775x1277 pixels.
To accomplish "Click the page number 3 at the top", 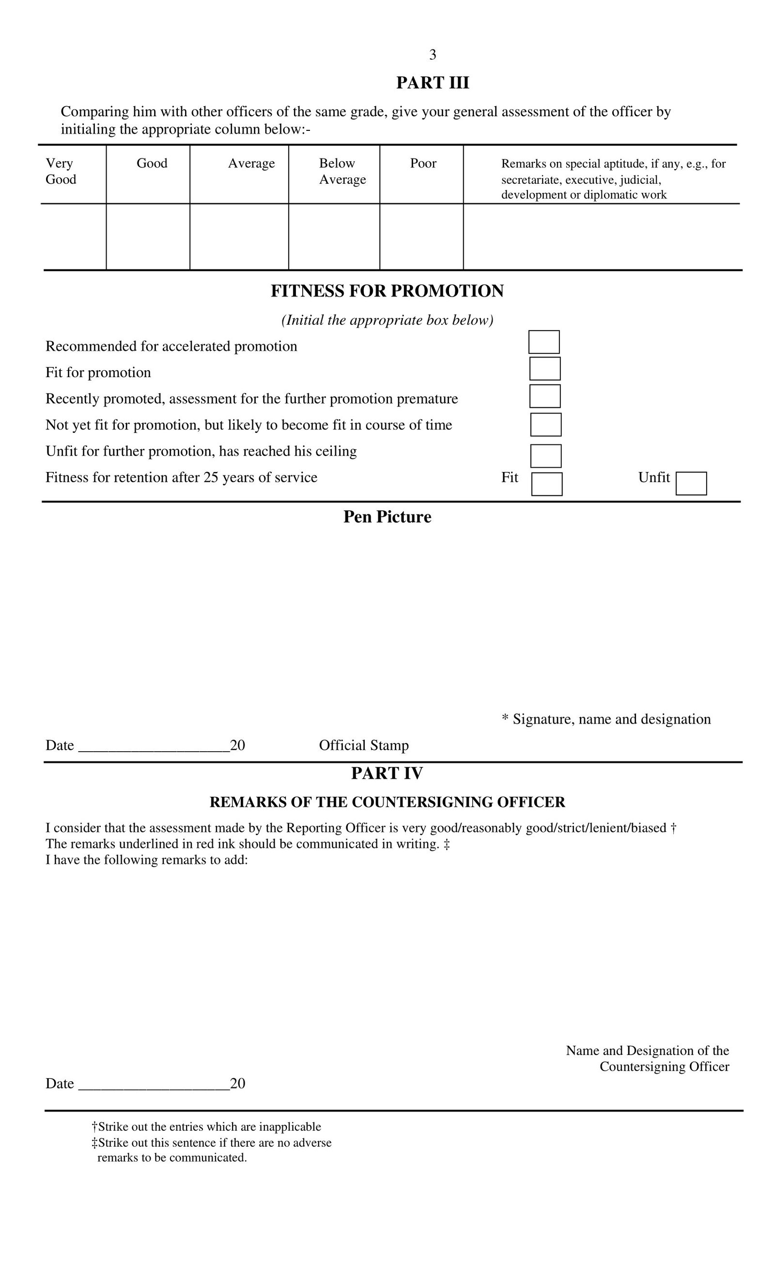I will point(433,54).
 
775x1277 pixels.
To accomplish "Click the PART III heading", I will point(433,83).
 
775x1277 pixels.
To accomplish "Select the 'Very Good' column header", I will point(61,171).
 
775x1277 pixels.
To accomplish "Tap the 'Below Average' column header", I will point(342,171).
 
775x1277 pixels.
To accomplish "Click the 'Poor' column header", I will point(423,163).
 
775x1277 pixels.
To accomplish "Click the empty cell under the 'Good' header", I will point(148,236).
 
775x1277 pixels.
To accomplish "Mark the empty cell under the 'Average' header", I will point(239,236).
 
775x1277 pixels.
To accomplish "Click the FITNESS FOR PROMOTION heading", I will point(387,291).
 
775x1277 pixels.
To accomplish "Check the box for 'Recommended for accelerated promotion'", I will point(544,342).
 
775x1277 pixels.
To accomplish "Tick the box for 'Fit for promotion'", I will point(544,368).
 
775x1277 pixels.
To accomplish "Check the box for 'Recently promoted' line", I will point(544,396).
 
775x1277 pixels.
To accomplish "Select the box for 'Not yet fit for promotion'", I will point(545,425).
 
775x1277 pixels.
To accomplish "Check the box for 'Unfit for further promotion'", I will point(545,456).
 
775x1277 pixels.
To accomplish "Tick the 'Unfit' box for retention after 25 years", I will point(691,483).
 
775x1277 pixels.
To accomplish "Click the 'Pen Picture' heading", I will point(387,517).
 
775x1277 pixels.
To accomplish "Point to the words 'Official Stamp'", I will point(364,745).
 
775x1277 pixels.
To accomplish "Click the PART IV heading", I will point(387,773).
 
